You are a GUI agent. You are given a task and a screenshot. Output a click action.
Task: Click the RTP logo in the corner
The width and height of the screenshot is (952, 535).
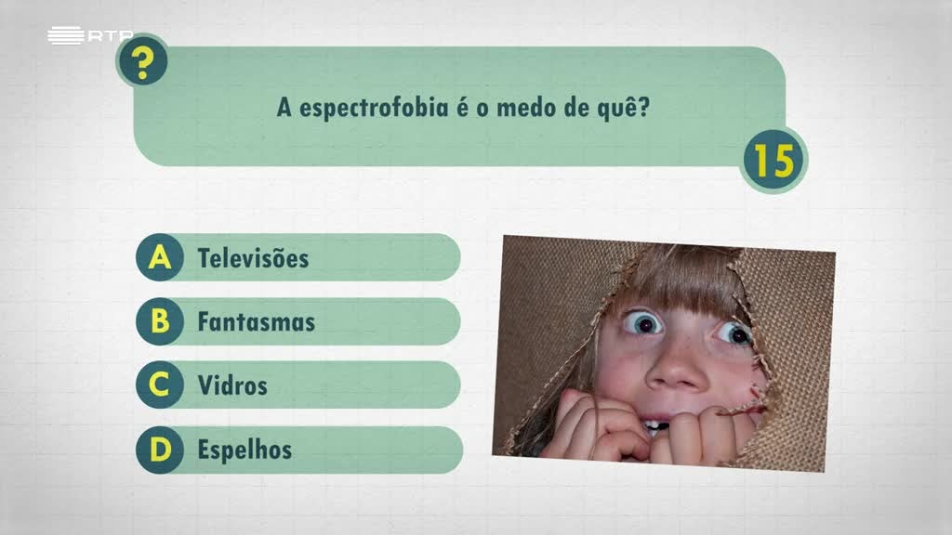click(x=89, y=36)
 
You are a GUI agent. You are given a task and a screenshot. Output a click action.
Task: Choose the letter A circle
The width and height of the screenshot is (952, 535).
click(x=160, y=257)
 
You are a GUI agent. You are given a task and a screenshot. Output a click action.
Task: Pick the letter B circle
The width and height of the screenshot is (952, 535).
click(x=160, y=321)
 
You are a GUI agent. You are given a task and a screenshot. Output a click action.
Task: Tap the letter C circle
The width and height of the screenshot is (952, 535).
click(x=160, y=385)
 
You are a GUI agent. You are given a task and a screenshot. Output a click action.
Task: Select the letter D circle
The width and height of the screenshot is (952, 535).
click(x=160, y=450)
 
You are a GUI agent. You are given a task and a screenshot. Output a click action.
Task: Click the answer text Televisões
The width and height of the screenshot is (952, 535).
click(x=253, y=257)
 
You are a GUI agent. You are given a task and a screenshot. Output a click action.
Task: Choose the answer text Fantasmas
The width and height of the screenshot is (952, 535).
click(x=256, y=322)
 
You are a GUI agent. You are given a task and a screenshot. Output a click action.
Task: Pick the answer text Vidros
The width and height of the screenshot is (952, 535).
click(x=232, y=385)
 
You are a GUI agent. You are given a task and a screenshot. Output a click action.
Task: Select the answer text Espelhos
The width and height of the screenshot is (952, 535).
click(x=245, y=450)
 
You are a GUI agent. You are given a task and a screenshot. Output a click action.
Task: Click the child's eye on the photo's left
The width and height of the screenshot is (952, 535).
click(x=644, y=322)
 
